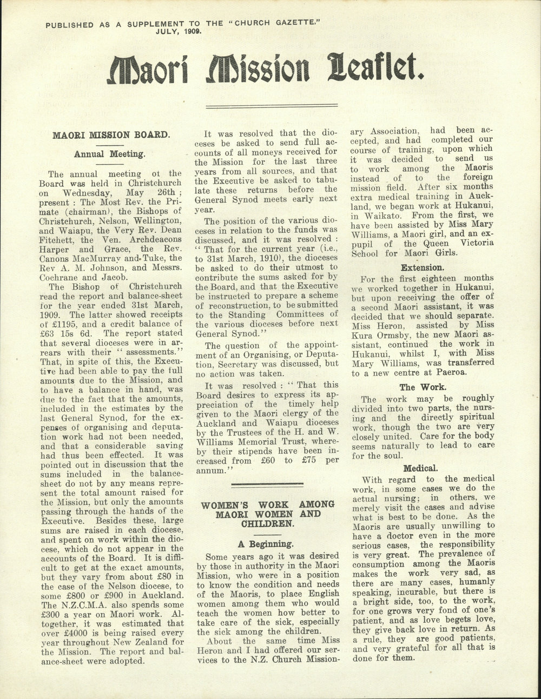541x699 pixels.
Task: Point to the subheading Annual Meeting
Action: pos(110,153)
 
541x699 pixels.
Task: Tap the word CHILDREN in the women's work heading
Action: pos(268,523)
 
